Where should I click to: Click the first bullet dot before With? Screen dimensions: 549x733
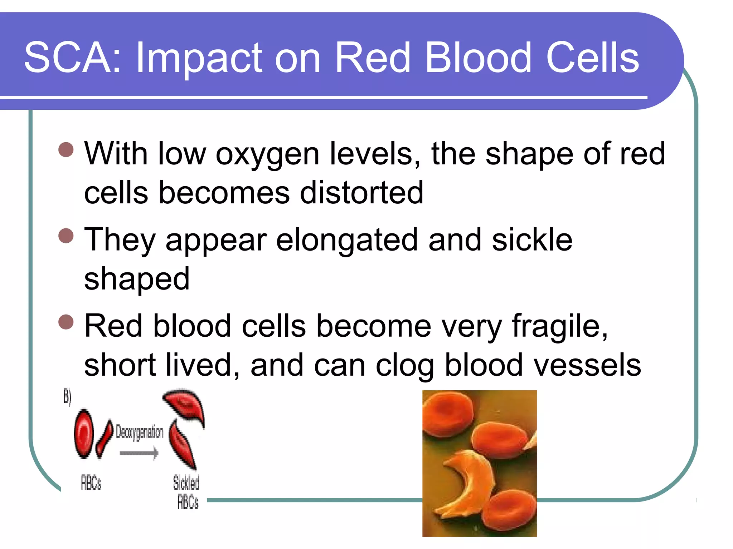pos(66,150)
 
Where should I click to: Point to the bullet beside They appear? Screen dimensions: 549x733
pos(66,236)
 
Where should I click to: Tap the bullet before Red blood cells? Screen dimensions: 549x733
pos(66,322)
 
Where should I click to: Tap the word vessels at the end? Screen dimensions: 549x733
pos(587,365)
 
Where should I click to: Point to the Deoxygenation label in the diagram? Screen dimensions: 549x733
pos(139,432)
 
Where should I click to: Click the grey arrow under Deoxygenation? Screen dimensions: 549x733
pos(139,453)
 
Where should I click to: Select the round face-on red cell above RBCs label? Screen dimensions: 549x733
pos(84,433)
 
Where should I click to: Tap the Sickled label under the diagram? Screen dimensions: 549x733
pos(186,483)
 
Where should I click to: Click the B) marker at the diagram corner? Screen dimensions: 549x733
pos(67,397)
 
